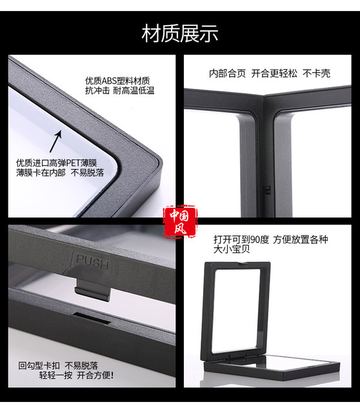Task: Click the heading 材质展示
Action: coord(180,32)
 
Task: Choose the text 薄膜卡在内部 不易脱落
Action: coord(55,173)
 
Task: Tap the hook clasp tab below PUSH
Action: coord(92,287)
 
